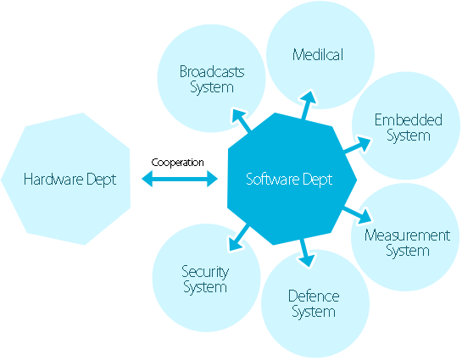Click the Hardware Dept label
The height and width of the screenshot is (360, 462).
coord(70,180)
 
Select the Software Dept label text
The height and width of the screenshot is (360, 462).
coord(289,180)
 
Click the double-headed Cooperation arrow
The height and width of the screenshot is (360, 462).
coord(180,179)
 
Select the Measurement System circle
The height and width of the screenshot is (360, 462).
coord(407,241)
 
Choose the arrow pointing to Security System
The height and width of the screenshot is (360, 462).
coord(238,238)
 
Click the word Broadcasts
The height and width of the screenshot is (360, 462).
coord(212,72)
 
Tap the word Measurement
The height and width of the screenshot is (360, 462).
coord(407,235)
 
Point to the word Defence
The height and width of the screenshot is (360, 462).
coord(314,296)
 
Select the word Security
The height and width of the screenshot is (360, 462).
coord(205,272)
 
